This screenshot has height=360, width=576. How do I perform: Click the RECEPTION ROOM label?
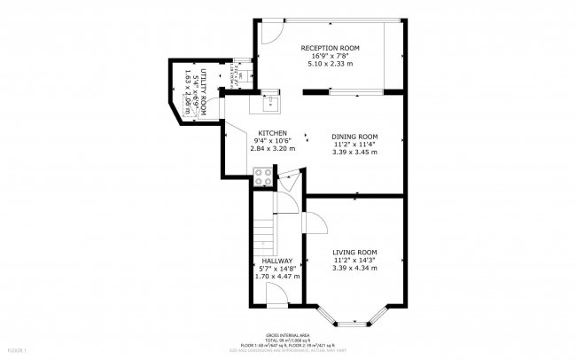coord(329,47)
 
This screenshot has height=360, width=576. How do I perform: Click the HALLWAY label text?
coord(277,261)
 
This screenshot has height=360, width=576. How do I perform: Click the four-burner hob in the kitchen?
coord(263,177)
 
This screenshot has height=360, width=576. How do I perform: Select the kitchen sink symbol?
coord(267,106)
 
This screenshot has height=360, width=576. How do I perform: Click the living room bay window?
coord(354,316)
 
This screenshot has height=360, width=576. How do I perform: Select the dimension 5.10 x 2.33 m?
coord(329,63)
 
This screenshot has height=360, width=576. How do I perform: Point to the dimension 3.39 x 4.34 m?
coord(354,268)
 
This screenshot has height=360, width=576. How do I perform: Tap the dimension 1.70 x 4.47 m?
coord(277,277)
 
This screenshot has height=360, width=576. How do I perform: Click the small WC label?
coord(240,77)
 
